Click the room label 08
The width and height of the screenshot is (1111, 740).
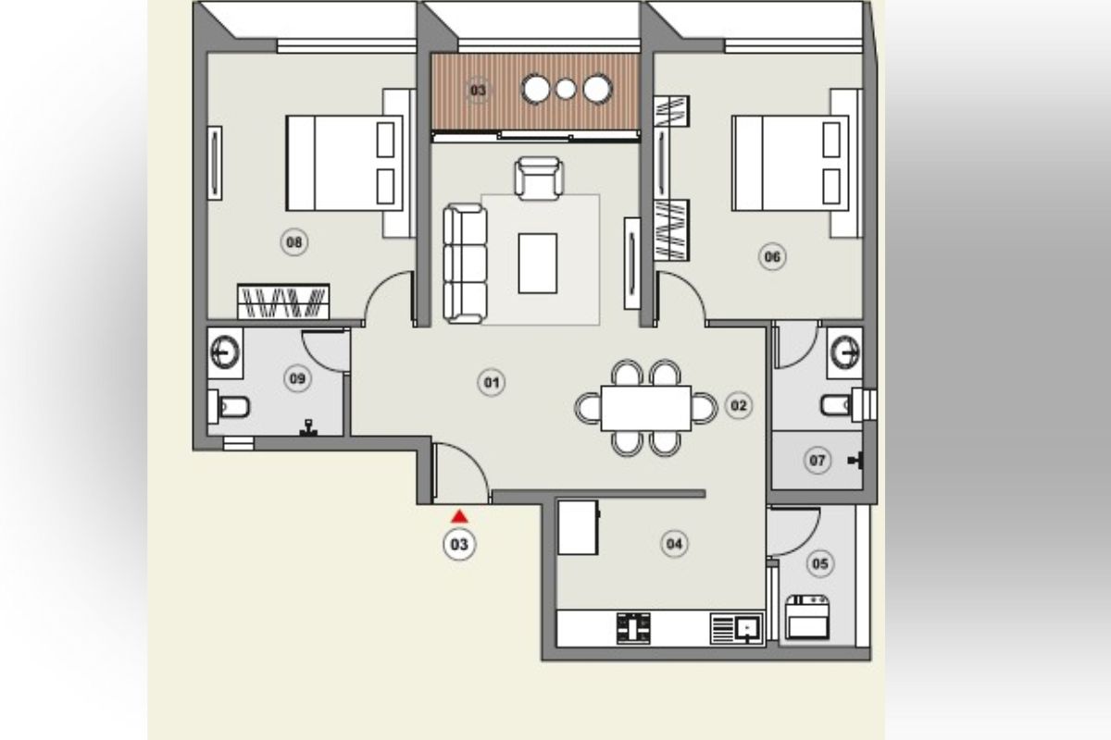[x=294, y=243]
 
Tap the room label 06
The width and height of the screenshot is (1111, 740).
[x=771, y=256]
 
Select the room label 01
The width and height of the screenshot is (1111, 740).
[x=491, y=382]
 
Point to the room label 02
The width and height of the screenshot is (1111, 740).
[x=738, y=405]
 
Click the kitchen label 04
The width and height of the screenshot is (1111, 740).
[x=674, y=544]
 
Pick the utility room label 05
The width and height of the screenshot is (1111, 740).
[x=819, y=561]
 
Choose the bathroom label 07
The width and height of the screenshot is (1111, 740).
[x=817, y=460]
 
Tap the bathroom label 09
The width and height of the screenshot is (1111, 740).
[x=297, y=378]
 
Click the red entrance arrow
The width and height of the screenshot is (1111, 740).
[x=459, y=517]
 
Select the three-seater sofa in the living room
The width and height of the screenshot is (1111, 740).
[x=464, y=264]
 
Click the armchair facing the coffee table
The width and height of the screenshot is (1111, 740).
[x=538, y=178]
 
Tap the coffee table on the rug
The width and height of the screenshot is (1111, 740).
[x=537, y=263]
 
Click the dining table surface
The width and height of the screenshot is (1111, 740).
[x=645, y=408]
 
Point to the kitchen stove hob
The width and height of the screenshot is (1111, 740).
[x=633, y=628]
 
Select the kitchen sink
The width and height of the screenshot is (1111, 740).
[x=746, y=629]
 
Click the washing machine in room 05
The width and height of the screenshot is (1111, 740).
[x=807, y=617]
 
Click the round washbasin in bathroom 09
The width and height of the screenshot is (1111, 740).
[x=225, y=351]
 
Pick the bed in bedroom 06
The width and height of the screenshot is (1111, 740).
[x=790, y=163]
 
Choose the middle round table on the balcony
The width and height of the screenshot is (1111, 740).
[x=566, y=90]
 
